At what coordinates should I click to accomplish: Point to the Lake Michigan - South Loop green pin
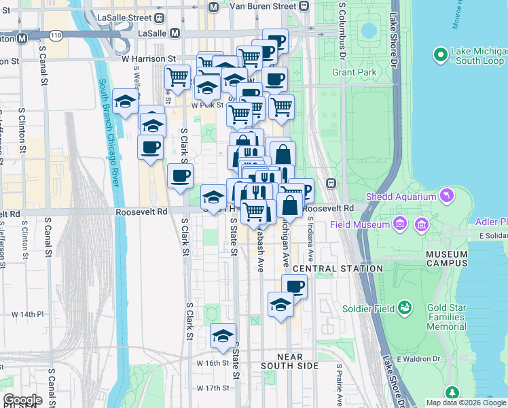(440, 53)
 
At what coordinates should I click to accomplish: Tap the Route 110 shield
(55, 34)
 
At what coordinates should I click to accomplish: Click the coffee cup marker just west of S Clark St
(180, 175)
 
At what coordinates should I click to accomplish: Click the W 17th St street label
(213, 388)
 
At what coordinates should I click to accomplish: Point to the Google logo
(22, 400)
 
